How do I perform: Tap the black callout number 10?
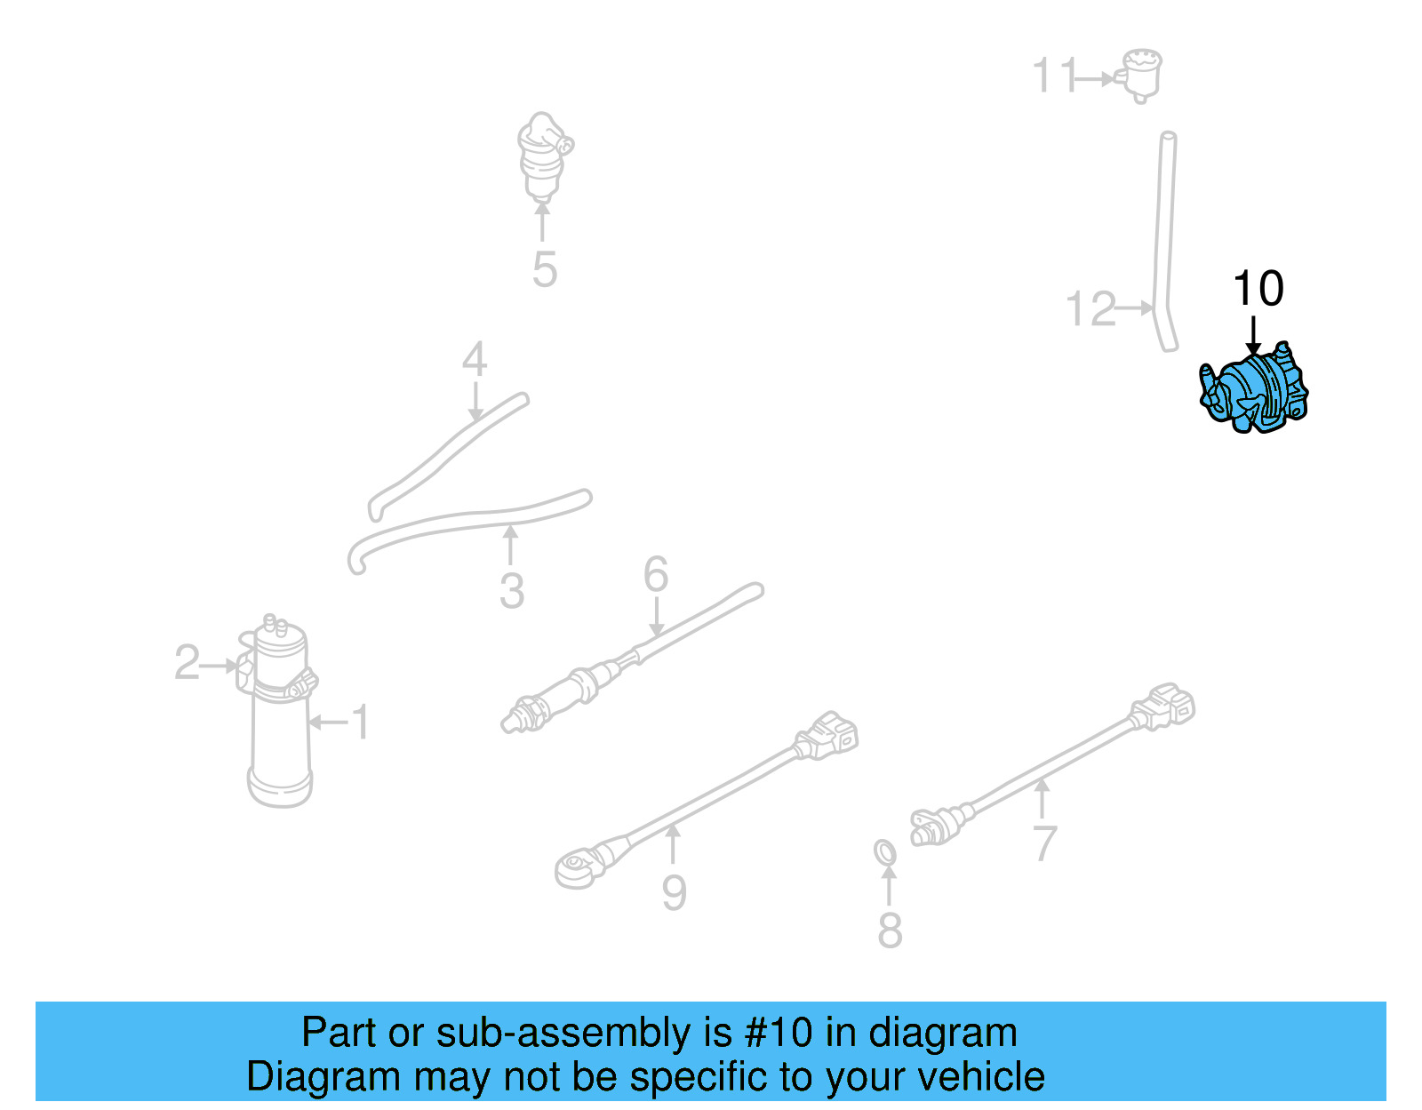[x=1258, y=289]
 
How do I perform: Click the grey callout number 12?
[x=1090, y=309]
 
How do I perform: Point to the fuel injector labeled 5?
[x=542, y=156]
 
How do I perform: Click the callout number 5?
[x=544, y=269]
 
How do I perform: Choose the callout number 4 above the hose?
[x=475, y=360]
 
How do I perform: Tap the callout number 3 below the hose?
[x=511, y=591]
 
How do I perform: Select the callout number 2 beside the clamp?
[x=187, y=663]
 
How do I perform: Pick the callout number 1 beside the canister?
[x=360, y=722]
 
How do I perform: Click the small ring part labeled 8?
[x=885, y=852]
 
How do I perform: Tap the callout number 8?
[x=890, y=930]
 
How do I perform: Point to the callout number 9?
[x=674, y=892]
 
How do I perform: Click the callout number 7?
[x=1045, y=843]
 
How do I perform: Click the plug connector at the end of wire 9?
[x=827, y=736]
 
